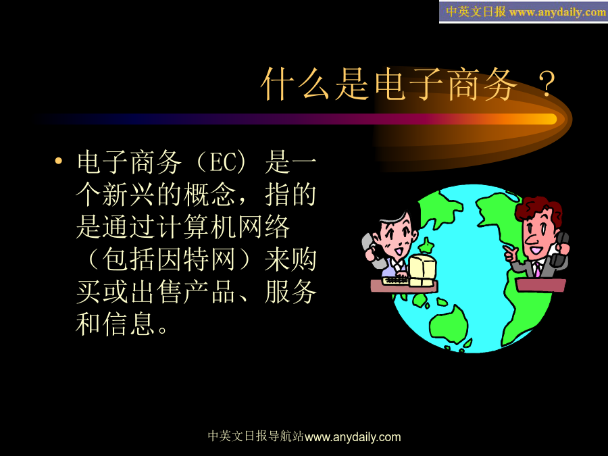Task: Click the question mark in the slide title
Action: [x=547, y=84]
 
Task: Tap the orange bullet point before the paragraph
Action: [x=59, y=161]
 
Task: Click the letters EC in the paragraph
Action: [x=222, y=162]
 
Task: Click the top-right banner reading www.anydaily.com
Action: [x=523, y=11]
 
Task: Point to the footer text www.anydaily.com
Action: [x=353, y=437]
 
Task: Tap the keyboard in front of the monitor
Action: [x=395, y=280]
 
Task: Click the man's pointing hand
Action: [x=511, y=253]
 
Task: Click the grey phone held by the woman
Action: [x=371, y=250]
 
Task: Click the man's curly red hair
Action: [x=538, y=209]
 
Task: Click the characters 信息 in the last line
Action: [x=130, y=324]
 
